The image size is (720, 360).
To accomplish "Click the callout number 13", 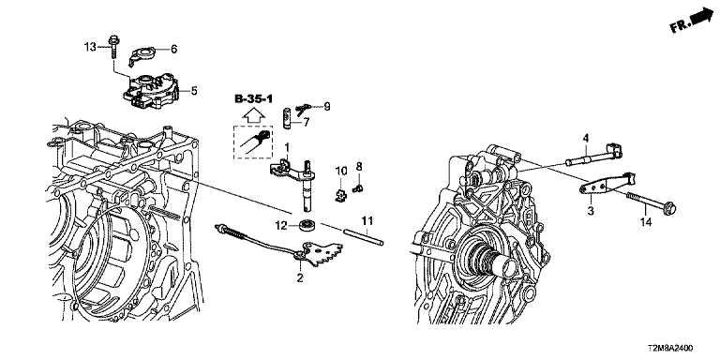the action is (90, 46).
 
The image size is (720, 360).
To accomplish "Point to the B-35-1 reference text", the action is (253, 98).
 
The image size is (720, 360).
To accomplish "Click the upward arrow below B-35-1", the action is (253, 115).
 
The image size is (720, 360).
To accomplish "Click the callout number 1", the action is (287, 147).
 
